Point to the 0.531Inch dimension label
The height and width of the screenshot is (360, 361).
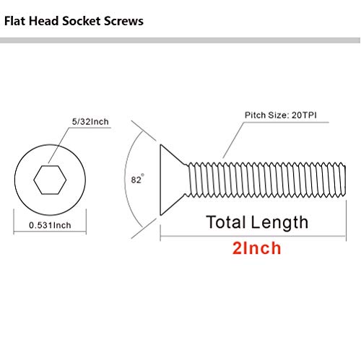point(50,224)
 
